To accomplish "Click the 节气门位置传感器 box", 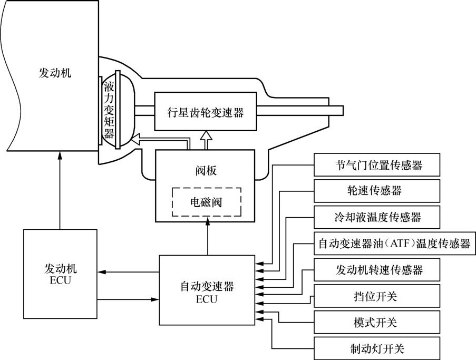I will click(x=376, y=166).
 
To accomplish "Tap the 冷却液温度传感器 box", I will click(x=376, y=217).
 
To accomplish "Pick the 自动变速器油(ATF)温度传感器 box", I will click(x=393, y=244).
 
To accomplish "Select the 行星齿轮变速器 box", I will click(x=206, y=112).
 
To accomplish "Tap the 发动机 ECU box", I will click(x=60, y=274).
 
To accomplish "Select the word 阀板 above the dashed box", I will click(x=206, y=171).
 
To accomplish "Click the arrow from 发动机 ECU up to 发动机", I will click(x=60, y=190).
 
